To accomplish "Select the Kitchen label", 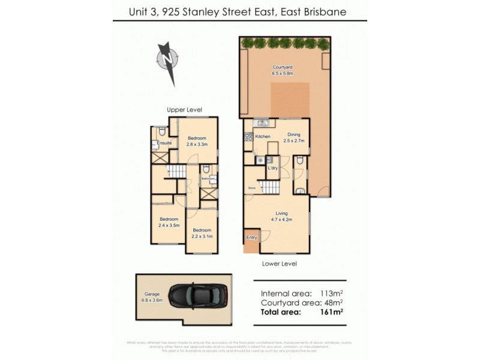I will pos(263,137).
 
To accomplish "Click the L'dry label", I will pos(272,169).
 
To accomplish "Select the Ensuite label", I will pos(164,143).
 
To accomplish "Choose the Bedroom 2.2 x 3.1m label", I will pos(202,233).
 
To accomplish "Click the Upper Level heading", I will pos(184,110).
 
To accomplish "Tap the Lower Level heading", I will pos(280,263).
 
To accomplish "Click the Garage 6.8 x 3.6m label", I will pos(151,297).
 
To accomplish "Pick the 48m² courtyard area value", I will pos(334,303).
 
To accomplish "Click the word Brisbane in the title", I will pos(322,11).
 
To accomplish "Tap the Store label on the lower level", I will pos(252,188).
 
